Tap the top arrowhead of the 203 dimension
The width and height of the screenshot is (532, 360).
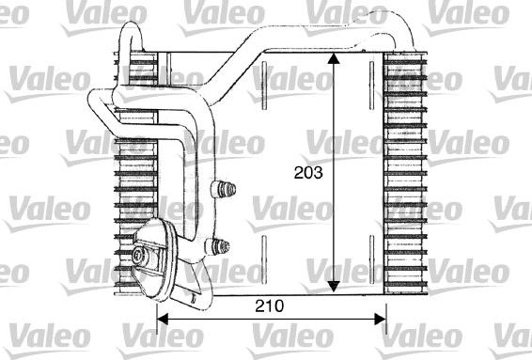coord(332,56)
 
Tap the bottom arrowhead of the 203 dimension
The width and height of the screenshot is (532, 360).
coord(332,286)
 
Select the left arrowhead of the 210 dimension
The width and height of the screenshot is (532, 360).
coord(160,317)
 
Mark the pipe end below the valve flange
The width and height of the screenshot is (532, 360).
coord(192,299)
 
